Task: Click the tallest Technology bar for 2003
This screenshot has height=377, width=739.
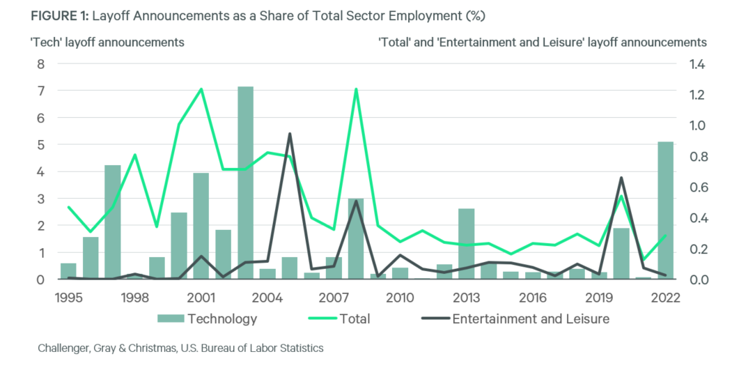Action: tap(245, 183)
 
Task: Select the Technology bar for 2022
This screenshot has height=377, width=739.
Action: tap(666, 210)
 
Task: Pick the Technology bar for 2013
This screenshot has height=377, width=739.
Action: tap(466, 243)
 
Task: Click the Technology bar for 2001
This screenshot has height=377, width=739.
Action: tap(201, 226)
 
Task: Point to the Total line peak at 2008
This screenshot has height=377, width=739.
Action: tap(356, 89)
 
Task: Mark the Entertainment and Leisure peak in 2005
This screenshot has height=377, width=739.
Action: tap(289, 134)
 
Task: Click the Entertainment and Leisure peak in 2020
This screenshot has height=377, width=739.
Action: tap(621, 178)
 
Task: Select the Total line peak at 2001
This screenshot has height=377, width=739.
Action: tap(201, 89)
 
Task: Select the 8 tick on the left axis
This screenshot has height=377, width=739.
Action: tap(40, 64)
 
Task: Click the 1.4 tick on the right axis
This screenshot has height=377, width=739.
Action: tap(697, 64)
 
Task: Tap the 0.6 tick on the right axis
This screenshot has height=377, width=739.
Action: tap(697, 187)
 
